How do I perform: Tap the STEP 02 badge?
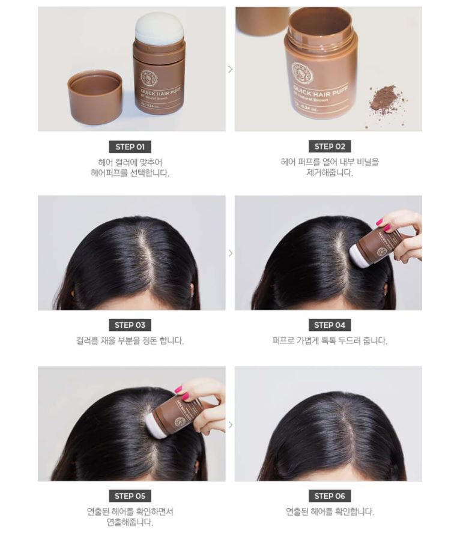point(329,147)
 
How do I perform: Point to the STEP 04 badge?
point(329,325)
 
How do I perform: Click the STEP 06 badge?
point(329,496)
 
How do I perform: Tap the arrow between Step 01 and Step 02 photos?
point(230,69)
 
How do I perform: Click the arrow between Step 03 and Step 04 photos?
point(230,253)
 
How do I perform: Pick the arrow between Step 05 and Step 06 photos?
point(230,425)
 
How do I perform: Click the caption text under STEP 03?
point(131,341)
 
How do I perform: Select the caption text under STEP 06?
point(329,512)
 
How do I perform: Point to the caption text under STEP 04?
point(329,341)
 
